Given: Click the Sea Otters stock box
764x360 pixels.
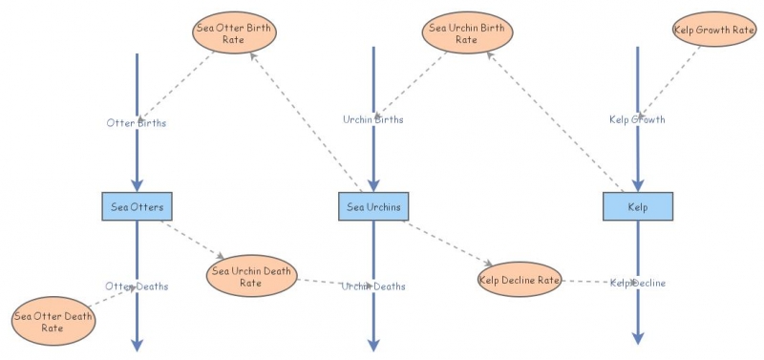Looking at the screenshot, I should click(137, 206).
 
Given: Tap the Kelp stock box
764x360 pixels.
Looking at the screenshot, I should click(638, 206).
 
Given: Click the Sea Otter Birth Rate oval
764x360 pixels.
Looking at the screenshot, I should click(234, 33).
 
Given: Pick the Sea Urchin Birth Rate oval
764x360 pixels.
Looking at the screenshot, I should click(467, 33).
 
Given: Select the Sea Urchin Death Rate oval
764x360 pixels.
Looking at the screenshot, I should click(250, 276).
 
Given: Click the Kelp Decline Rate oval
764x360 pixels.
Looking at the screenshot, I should click(520, 280).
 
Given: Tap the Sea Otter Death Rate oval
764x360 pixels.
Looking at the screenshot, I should click(53, 322).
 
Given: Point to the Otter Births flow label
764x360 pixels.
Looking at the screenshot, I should click(137, 121).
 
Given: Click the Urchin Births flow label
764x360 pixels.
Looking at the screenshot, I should click(373, 119).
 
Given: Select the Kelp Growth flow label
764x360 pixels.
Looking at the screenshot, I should click(637, 119).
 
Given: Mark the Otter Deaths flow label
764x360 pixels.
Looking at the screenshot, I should click(136, 286).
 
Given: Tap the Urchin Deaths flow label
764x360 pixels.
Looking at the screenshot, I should click(373, 286).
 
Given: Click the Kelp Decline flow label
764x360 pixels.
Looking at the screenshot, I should click(638, 283).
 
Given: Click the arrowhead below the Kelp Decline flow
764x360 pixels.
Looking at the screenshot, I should click(638, 337).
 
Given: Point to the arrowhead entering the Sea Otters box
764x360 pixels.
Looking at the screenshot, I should click(137, 185).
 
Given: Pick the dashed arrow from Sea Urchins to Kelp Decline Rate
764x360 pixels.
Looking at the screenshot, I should click(449, 243).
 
